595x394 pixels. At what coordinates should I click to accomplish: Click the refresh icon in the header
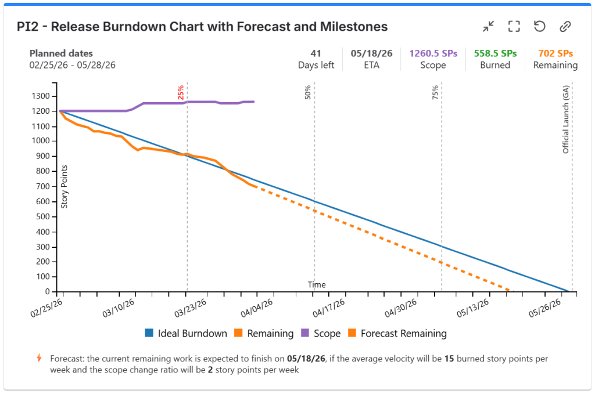[539, 27]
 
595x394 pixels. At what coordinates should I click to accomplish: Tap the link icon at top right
[565, 27]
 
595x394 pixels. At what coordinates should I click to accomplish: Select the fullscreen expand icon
[514, 27]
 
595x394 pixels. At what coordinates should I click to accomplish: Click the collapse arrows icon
[488, 27]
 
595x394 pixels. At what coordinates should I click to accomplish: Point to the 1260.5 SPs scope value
[433, 53]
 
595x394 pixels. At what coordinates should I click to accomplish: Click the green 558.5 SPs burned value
[495, 53]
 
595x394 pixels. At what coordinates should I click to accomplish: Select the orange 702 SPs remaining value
[555, 53]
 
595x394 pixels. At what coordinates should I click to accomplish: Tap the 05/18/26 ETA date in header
[372, 53]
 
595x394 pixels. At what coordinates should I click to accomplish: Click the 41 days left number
[316, 53]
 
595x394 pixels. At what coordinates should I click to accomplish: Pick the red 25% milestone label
[181, 93]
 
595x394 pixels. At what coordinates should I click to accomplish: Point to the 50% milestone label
[308, 93]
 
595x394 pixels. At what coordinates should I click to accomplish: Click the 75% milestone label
[435, 93]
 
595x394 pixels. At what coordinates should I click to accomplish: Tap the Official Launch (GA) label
[565, 119]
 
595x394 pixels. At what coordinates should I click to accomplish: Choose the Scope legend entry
[320, 334]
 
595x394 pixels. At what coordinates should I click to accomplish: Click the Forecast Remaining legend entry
[397, 334]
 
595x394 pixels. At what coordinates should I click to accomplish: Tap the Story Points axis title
[65, 186]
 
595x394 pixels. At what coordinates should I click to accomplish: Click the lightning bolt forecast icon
[40, 358]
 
